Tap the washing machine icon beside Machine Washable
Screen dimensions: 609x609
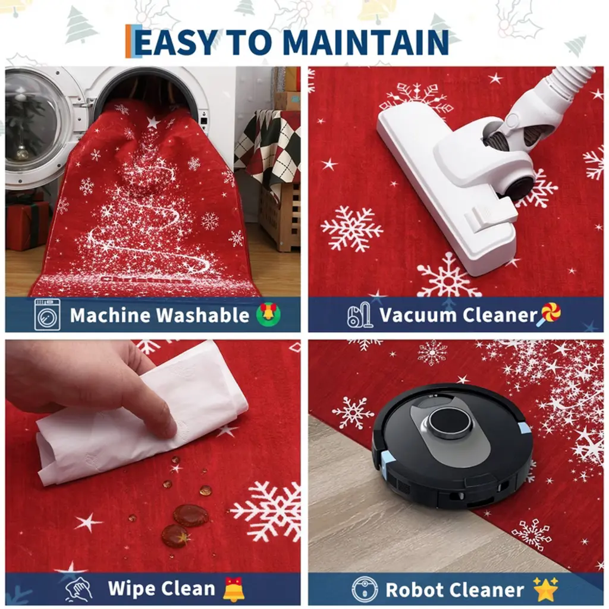47,315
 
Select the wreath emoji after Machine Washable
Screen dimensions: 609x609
269,314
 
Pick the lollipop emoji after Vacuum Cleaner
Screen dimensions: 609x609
549,314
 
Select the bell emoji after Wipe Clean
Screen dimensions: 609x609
234,589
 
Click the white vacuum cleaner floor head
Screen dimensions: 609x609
447,182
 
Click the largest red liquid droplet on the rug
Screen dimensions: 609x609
190,516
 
